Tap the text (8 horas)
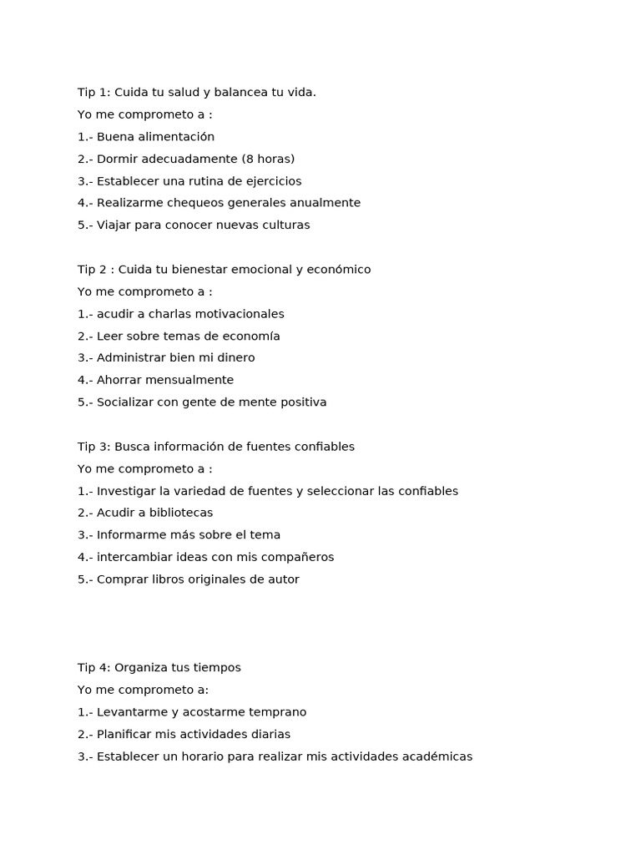(268, 159)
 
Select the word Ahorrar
(120, 380)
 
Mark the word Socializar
(126, 402)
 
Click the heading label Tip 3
(92, 447)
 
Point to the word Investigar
(126, 491)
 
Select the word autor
(283, 579)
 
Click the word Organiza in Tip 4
(143, 668)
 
